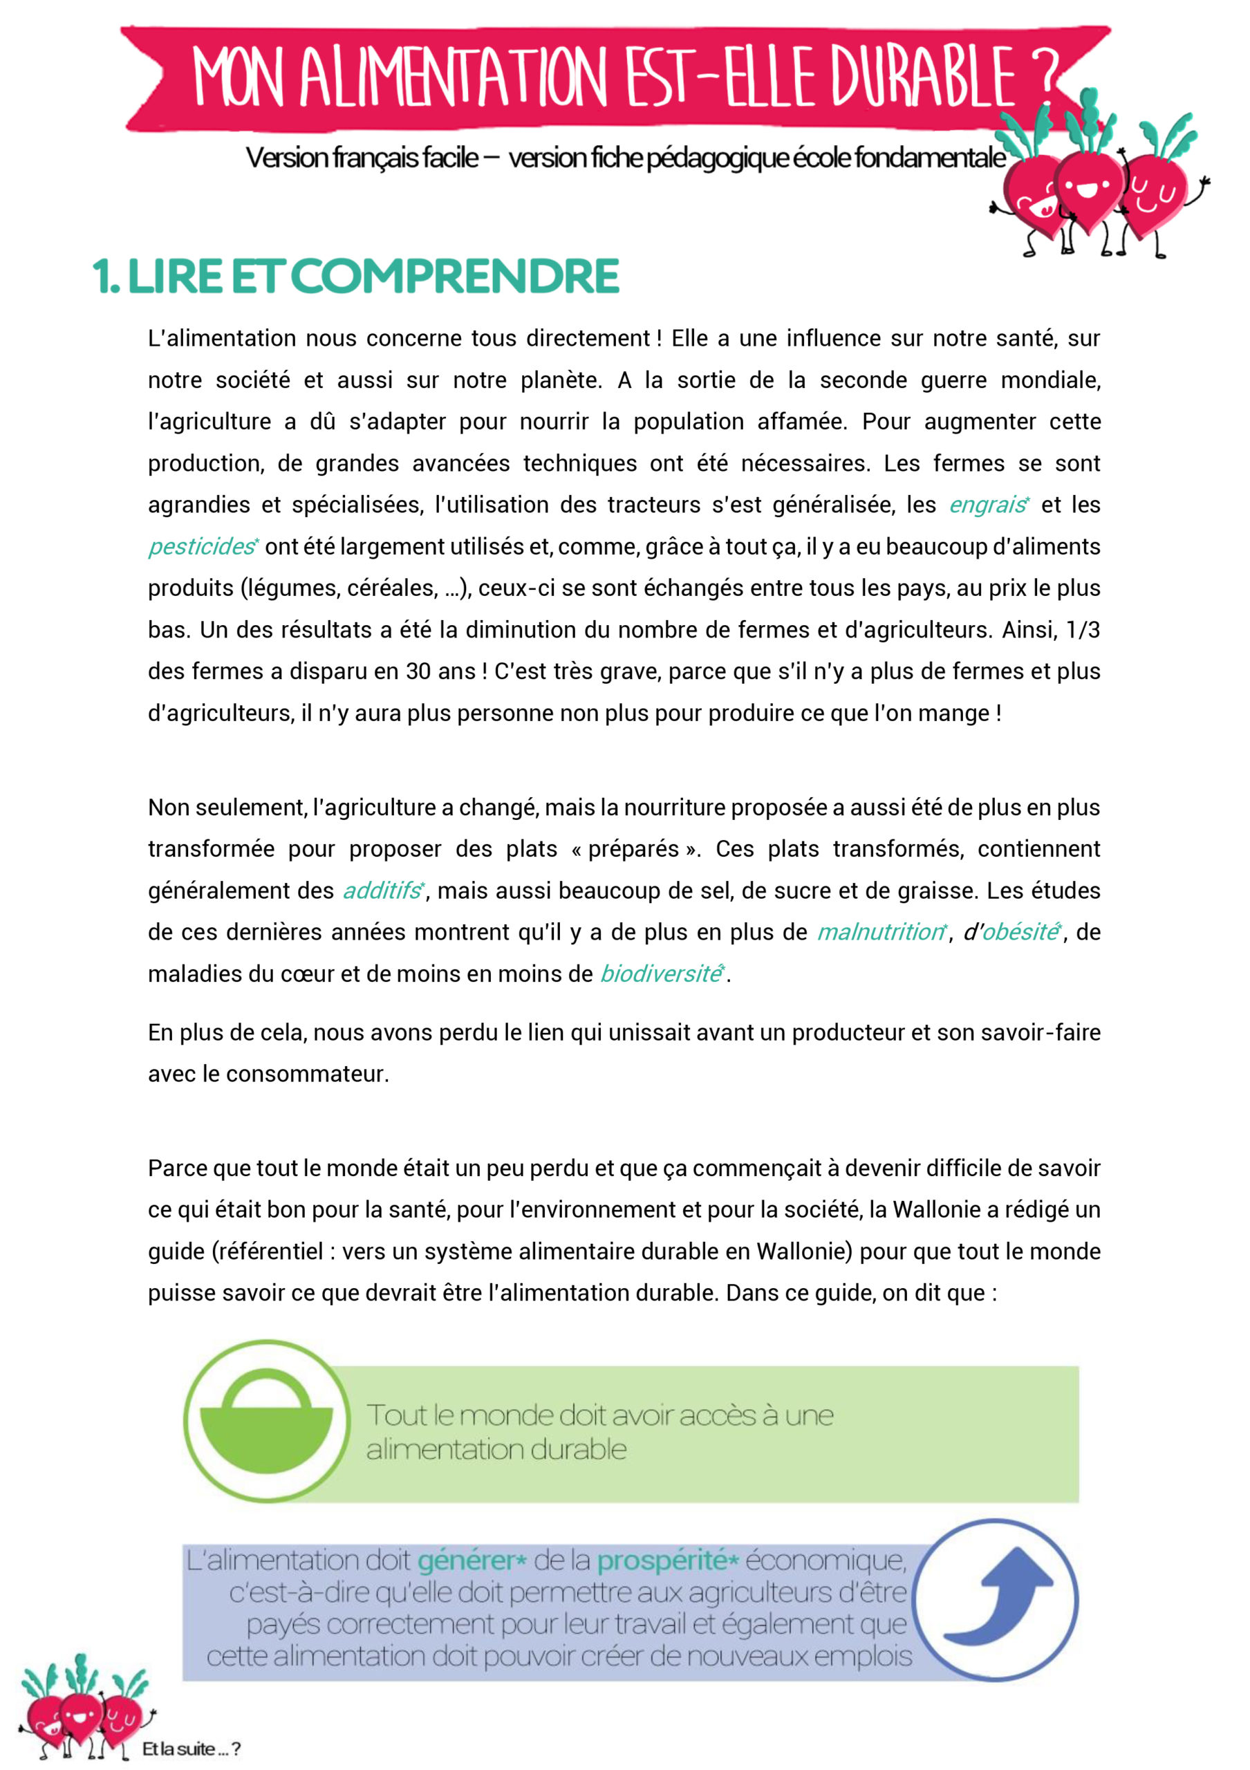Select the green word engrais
coord(987,505)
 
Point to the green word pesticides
coord(201,547)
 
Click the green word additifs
coord(382,891)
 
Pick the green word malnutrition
coord(879,932)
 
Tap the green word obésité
coord(1020,932)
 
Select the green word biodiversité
coord(660,973)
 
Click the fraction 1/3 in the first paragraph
coord(1083,630)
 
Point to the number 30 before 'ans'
coord(418,671)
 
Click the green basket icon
coord(266,1422)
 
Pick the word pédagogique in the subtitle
coord(717,158)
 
